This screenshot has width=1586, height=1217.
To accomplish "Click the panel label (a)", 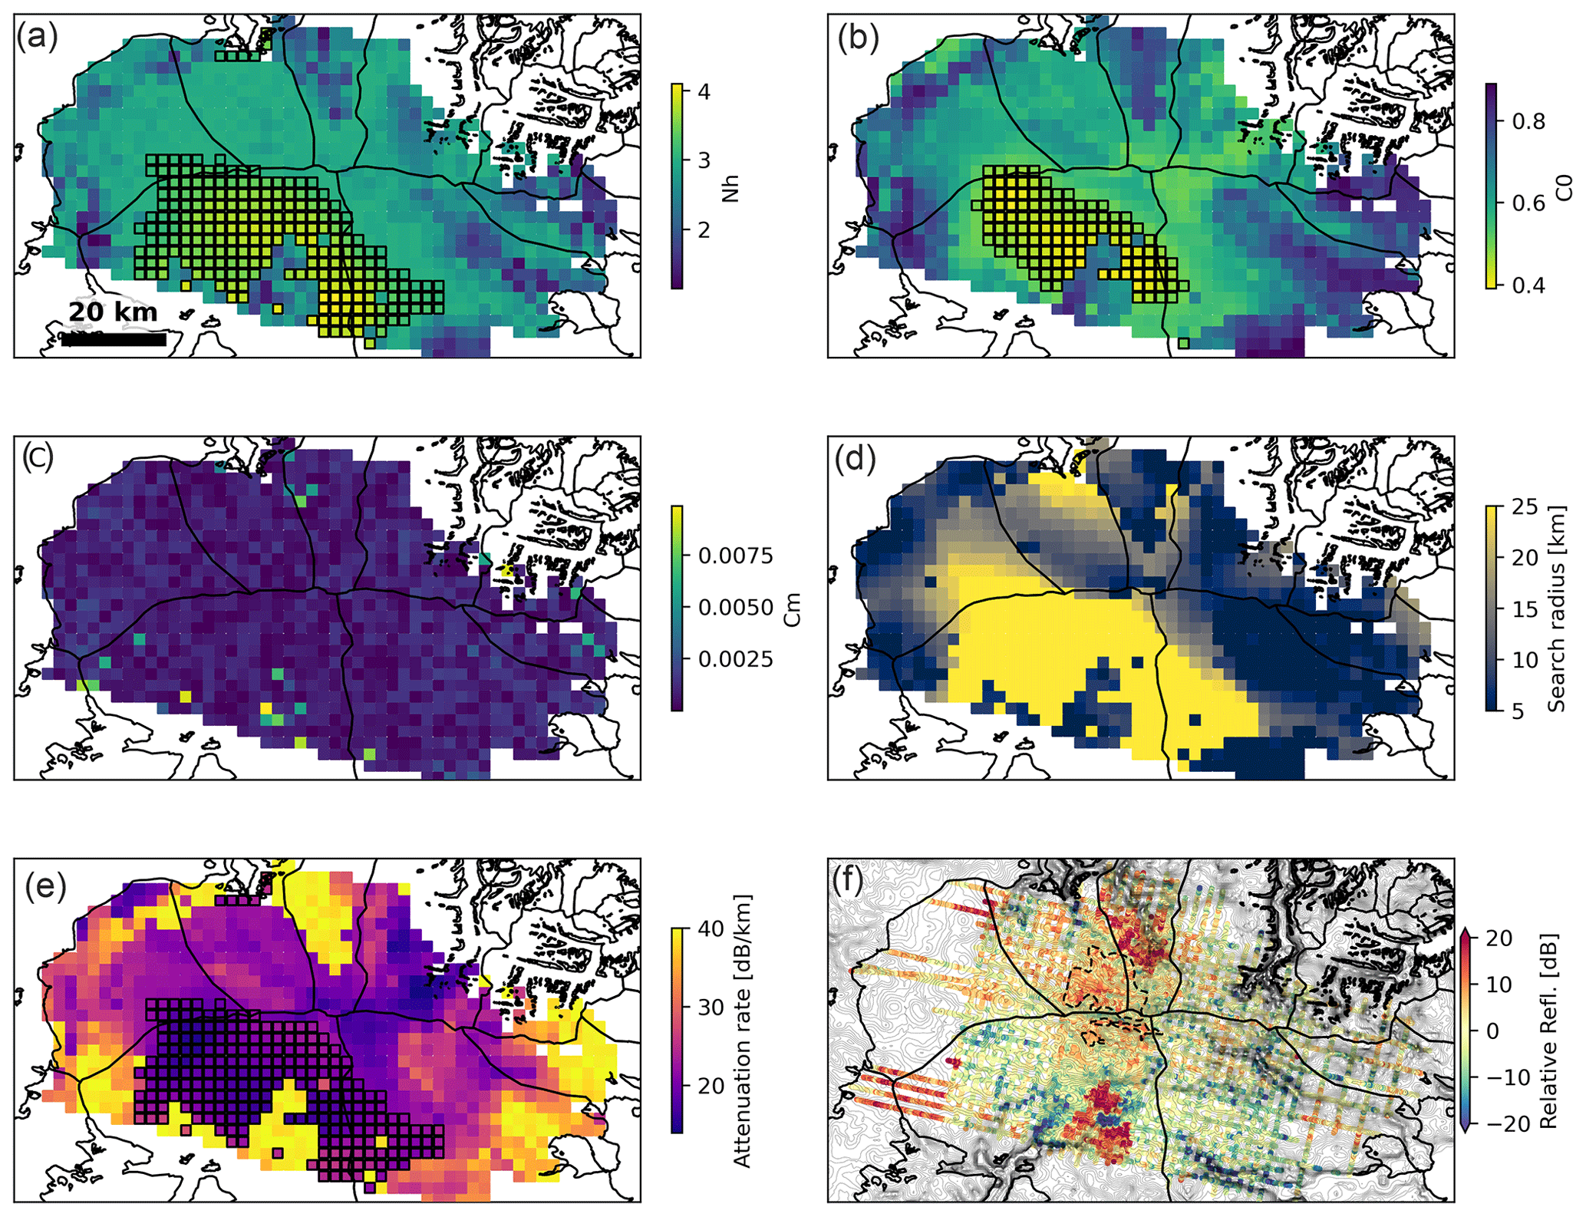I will click(36, 37).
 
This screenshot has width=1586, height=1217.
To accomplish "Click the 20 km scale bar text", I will click(113, 312).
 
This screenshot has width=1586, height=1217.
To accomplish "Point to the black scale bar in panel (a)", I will click(114, 339).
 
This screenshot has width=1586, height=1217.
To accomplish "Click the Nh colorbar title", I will click(730, 186).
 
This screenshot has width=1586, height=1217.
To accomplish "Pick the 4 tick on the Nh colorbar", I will click(702, 92).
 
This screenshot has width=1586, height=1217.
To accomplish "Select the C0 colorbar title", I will click(1565, 186).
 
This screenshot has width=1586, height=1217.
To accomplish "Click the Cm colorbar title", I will click(793, 608).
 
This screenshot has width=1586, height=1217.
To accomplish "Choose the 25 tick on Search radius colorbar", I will click(1524, 506).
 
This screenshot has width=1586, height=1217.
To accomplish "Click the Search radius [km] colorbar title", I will click(1556, 608).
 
